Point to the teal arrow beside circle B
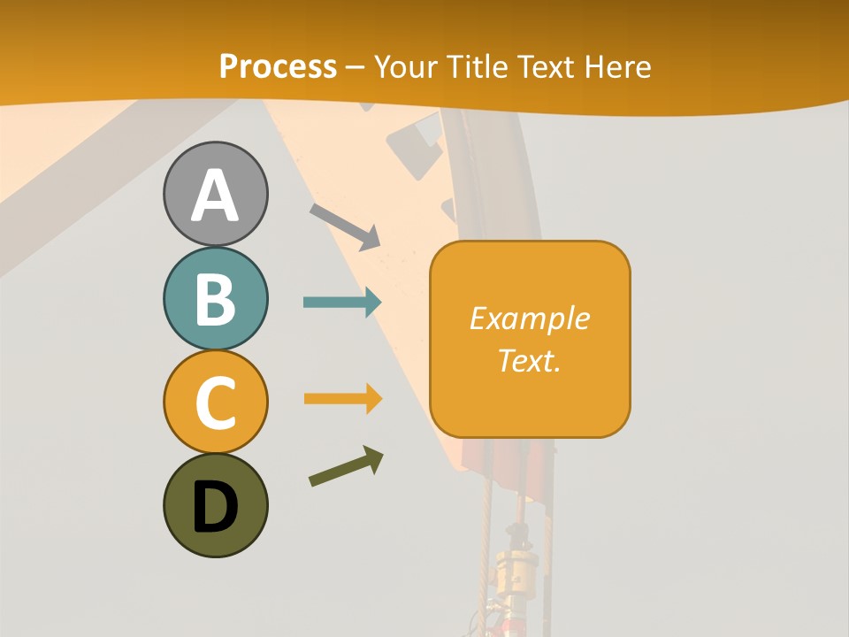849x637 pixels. tap(342, 303)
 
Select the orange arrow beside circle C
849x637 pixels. tap(342, 399)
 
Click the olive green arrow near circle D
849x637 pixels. tap(346, 467)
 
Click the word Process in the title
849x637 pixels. tap(278, 66)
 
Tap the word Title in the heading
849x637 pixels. tap(478, 67)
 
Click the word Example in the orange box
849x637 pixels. tap(529, 318)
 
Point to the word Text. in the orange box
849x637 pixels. tap(529, 360)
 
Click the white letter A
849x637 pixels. tap(215, 196)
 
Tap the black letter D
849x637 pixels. tap(215, 507)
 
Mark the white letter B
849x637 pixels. tap(215, 299)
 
